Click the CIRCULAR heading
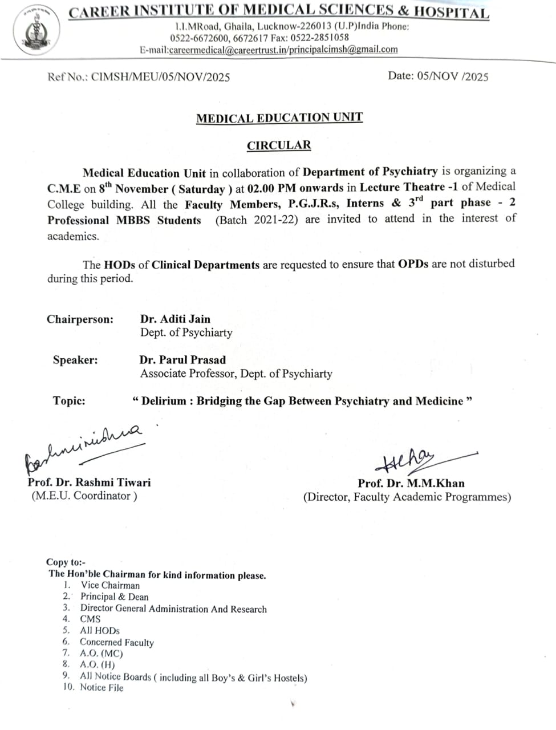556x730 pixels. pos(279,145)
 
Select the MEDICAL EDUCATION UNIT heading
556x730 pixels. pos(279,118)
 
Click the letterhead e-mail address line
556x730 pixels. pos(269,50)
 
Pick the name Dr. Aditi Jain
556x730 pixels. pos(175,319)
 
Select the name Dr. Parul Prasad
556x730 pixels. pos(182,360)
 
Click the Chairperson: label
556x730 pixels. pos(80,319)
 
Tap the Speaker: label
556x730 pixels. pos(75,360)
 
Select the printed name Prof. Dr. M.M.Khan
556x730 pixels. pos(411,483)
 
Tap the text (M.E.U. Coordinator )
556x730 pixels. pos(84,496)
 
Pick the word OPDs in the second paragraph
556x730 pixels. pos(413,264)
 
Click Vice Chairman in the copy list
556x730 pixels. pos(110,585)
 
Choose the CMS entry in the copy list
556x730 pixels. pos(90,619)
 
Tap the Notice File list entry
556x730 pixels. pos(102,688)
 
